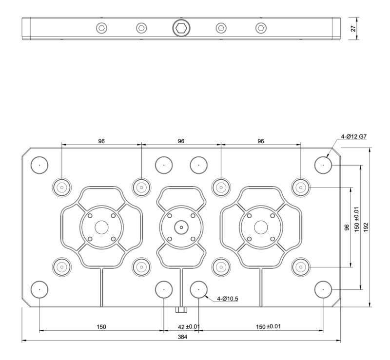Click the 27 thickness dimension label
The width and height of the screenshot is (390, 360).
pos(353,28)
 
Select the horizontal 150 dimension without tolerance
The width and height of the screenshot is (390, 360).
pos(100,326)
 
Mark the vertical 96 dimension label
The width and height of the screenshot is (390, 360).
pos(347,228)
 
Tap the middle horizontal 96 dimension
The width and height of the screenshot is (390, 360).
pos(181,141)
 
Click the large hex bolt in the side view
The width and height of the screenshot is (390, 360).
pos(181,28)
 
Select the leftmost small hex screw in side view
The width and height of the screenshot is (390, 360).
pos(101,28)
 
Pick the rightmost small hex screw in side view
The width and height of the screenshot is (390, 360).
pos(261,28)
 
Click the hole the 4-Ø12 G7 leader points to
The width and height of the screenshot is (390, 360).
pos(323,165)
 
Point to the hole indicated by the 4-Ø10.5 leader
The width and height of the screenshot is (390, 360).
pos(199,290)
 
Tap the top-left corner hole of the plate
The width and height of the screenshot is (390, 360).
pos(39,165)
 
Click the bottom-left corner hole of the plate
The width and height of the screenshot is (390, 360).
pos(39,290)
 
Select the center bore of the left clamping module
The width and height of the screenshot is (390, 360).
pos(101,227)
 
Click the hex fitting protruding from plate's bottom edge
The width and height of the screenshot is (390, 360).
pos(181,310)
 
